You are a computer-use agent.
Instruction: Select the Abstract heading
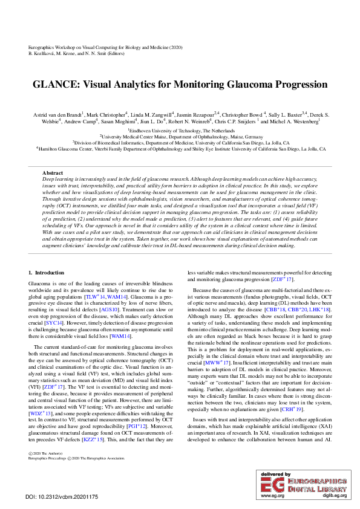pyautogui.click(x=53, y=173)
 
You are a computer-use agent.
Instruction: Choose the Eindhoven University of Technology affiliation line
pyautogui.click(x=180, y=130)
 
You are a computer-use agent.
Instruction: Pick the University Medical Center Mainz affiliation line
pyautogui.click(x=180, y=137)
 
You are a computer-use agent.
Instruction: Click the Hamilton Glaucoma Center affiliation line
pyautogui.click(x=180, y=148)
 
